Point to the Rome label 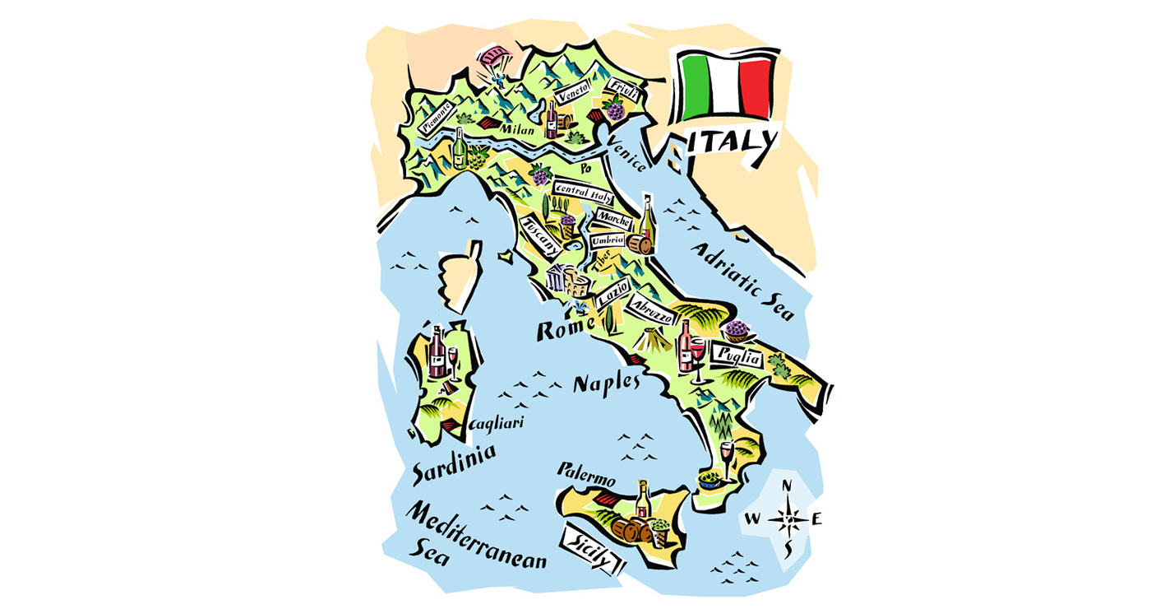click(565, 328)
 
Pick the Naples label click(606, 383)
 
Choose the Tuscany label click(540, 236)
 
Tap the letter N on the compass click(788, 486)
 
